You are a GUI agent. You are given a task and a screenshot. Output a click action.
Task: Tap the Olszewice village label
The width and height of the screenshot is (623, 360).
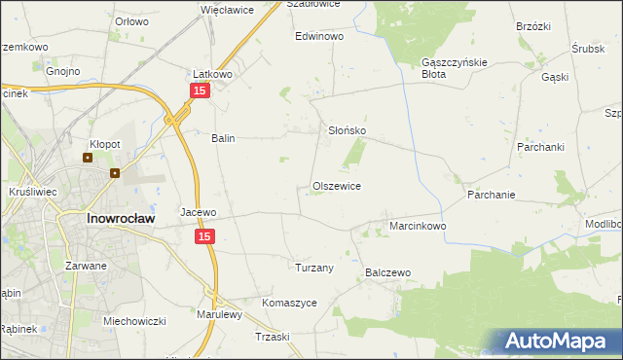click(x=337, y=185)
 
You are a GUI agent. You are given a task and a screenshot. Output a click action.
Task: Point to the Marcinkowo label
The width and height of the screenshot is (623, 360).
click(x=418, y=226)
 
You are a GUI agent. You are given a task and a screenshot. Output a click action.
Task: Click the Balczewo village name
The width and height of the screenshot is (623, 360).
click(x=388, y=273)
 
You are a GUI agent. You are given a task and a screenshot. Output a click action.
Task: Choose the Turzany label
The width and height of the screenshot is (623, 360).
click(x=314, y=267)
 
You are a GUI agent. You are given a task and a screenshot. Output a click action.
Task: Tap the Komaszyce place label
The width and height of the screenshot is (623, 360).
click(x=289, y=303)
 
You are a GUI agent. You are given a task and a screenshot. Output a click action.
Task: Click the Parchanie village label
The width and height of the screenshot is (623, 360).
click(x=491, y=195)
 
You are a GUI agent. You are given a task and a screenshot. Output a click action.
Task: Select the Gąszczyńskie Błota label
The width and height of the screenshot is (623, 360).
click(x=447, y=66)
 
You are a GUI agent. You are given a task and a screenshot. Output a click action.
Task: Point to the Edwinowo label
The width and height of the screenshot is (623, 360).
click(x=320, y=36)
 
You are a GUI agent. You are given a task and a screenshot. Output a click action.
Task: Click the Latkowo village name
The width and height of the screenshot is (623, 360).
click(x=210, y=73)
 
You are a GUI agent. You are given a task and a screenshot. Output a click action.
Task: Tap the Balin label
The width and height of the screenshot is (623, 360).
click(x=224, y=138)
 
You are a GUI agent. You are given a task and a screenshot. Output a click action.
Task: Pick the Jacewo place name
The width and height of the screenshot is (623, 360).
click(x=198, y=211)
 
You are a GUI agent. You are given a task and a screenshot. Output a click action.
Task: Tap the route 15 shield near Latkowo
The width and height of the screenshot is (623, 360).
click(x=199, y=90)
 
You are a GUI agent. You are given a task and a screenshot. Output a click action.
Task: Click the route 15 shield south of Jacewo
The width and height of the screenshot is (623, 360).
click(x=204, y=236)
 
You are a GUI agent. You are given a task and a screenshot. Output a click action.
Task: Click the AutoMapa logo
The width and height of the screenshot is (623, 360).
click(x=562, y=342)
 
